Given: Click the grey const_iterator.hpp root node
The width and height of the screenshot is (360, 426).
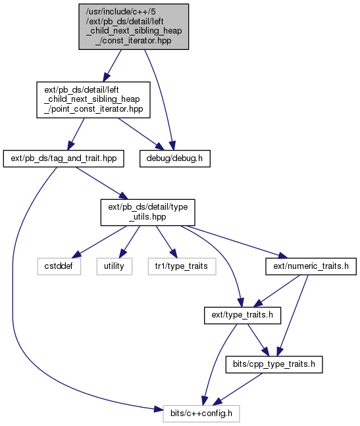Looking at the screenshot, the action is pos(134,26).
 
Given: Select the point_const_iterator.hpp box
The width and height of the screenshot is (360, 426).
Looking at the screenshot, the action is pos(93,100).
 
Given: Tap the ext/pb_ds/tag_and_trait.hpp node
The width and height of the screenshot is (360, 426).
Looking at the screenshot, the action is pos(64,158).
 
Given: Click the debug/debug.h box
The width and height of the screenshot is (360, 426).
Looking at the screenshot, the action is pos(175,158).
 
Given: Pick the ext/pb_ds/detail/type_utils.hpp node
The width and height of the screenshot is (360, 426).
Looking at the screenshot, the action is pos(147,212).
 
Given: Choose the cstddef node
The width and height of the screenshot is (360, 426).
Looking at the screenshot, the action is pos(59,266).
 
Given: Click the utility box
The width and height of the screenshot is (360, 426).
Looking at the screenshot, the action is pos(115,266).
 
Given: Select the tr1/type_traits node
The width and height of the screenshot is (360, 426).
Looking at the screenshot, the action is pos(182,266).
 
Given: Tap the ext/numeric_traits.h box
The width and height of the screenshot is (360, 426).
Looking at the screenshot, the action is pos(311,266).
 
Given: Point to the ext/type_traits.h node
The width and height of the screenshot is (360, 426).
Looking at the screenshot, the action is pos(242,315).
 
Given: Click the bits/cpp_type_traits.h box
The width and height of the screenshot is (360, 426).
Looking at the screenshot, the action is pos(274,364).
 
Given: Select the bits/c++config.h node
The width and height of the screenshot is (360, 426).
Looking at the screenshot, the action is pos(201,414).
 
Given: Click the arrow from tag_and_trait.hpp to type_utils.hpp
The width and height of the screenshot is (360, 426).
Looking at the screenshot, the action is pos(102,183).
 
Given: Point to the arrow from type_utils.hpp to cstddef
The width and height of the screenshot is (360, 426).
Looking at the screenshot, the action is pos(99,242).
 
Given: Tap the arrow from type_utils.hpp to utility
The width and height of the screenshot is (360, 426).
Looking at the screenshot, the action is pos(130,242).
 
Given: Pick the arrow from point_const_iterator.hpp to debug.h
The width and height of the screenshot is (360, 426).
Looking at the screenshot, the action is pos(141,134).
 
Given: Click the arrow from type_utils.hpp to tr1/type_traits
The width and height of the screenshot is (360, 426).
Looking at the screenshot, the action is pos(167,242).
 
